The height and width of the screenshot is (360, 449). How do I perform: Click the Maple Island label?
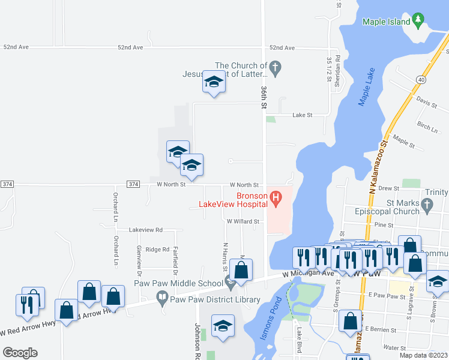point(387,22)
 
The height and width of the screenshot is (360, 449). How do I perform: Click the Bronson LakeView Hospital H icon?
point(276,196)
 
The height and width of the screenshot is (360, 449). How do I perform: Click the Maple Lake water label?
point(366,89)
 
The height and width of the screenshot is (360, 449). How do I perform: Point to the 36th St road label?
point(264,96)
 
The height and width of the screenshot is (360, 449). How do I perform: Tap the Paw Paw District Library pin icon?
point(162,296)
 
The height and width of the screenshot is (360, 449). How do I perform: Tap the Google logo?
point(20,352)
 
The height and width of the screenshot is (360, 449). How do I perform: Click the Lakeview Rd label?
point(146,230)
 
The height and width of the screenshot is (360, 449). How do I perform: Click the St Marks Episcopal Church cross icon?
point(427,206)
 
